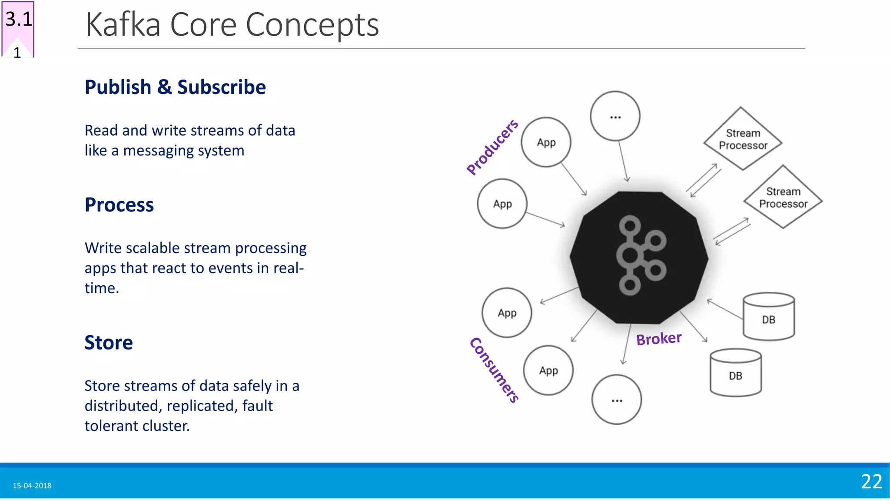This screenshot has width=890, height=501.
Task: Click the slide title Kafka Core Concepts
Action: click(232, 25)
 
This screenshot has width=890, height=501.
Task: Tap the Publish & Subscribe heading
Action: click(175, 87)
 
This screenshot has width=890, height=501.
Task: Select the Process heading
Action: click(119, 205)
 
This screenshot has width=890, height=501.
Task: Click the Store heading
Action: click(109, 343)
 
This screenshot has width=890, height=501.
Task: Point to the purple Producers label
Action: click(492, 147)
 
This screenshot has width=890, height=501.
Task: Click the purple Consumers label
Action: click(495, 370)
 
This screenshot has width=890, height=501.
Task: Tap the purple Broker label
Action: click(659, 339)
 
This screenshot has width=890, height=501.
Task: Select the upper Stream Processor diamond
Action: click(743, 139)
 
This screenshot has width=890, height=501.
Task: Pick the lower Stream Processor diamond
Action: click(783, 197)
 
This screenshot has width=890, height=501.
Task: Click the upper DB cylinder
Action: click(768, 317)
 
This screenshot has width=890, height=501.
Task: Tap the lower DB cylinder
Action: click(735, 373)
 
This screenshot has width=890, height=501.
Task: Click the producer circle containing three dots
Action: click(615, 116)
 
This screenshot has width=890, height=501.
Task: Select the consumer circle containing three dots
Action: click(617, 399)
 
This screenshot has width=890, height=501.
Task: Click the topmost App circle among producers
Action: click(546, 142)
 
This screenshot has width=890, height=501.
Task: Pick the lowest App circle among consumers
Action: click(548, 371)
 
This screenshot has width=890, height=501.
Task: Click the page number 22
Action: click(871, 481)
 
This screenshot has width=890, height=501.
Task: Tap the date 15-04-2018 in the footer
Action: click(32, 486)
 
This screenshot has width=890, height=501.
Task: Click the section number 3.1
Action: click(19, 20)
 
